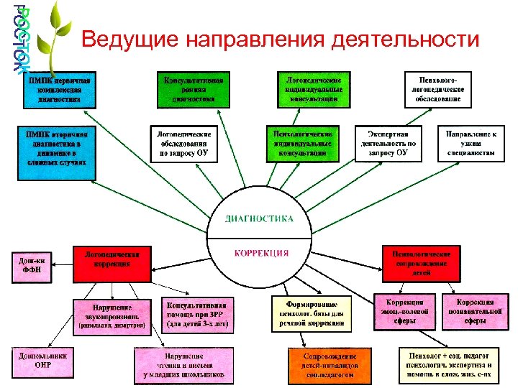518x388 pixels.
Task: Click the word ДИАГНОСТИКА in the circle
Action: pyautogui.click(x=260, y=217)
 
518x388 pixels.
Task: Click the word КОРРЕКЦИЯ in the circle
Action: pyautogui.click(x=261, y=253)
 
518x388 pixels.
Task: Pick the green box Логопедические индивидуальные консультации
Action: pyautogui.click(x=314, y=88)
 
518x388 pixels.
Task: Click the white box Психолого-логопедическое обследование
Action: pyautogui.click(x=438, y=88)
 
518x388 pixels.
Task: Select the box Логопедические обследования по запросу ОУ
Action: pyautogui.click(x=185, y=143)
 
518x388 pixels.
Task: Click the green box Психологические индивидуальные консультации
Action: pyautogui.click(x=302, y=143)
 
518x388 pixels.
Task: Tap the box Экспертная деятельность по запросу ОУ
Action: pyautogui.click(x=387, y=143)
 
